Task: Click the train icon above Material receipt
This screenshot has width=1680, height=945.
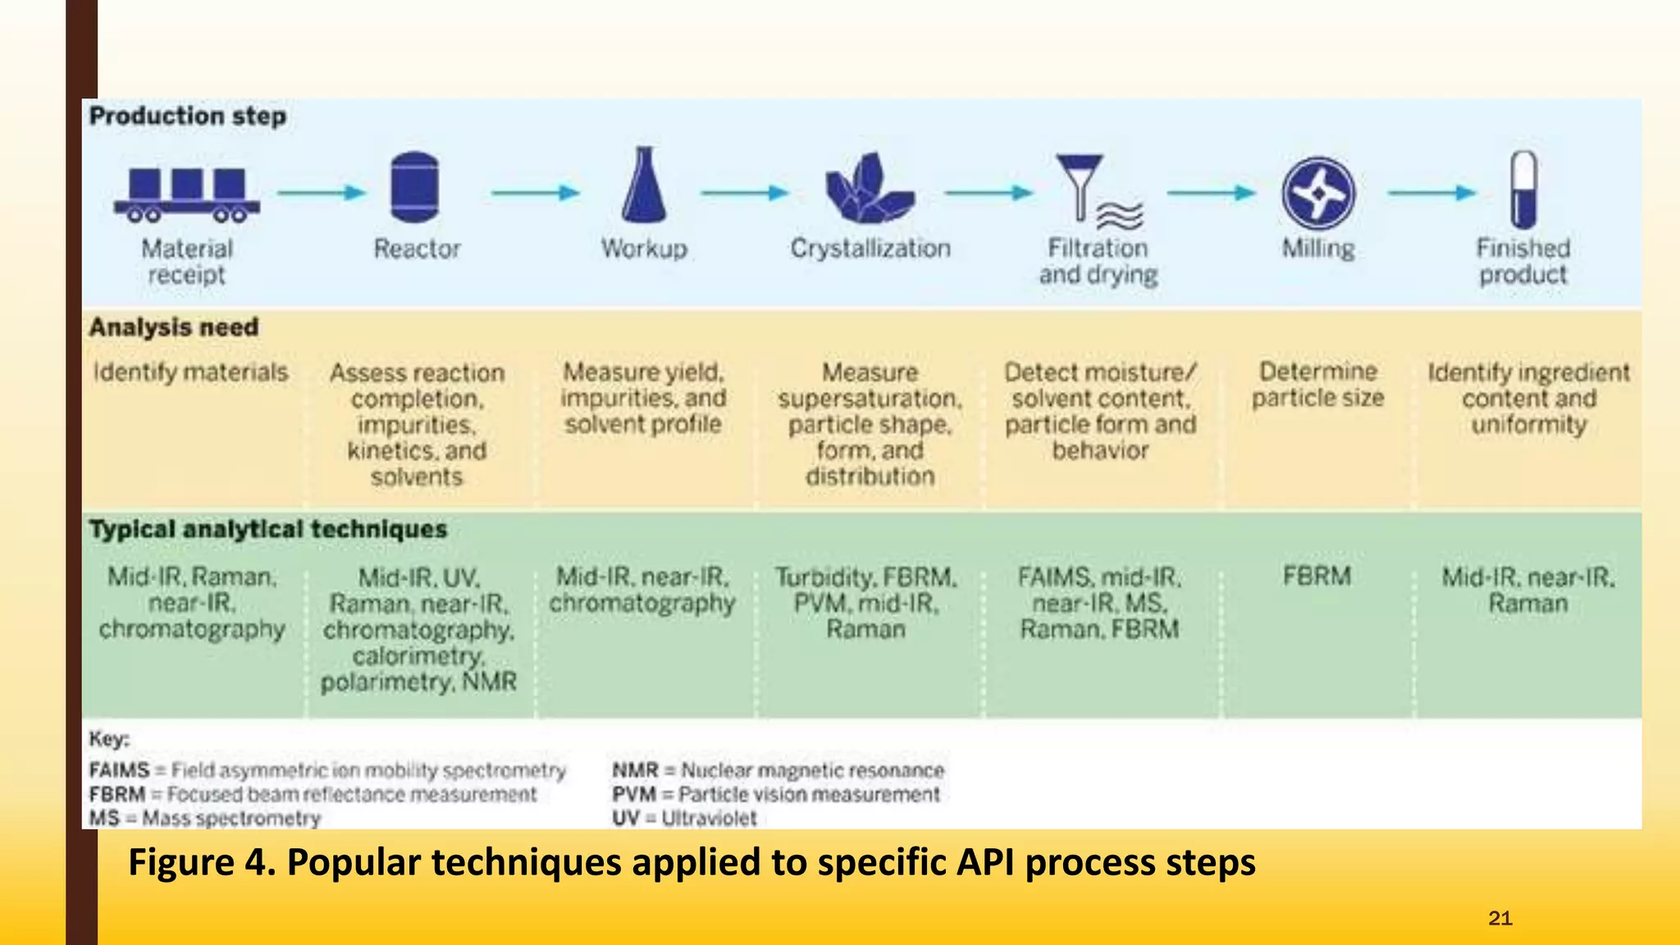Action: click(x=187, y=194)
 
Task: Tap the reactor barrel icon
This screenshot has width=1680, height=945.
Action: click(x=415, y=187)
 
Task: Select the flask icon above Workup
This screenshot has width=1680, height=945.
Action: click(x=644, y=185)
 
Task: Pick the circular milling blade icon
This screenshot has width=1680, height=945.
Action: click(x=1318, y=194)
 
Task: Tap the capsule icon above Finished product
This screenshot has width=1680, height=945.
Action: click(x=1523, y=189)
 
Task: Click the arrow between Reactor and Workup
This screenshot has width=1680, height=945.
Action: click(x=536, y=194)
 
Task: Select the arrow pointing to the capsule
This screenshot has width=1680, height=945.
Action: click(x=1431, y=194)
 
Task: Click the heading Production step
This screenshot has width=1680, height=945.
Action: click(x=188, y=116)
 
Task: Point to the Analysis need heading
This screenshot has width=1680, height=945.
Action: click(x=174, y=327)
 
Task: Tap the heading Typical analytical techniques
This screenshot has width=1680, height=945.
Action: click(x=268, y=529)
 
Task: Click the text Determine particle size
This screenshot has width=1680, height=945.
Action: click(x=1317, y=385)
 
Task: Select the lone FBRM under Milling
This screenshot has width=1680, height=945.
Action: click(x=1317, y=576)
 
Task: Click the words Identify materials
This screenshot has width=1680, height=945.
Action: click(x=190, y=372)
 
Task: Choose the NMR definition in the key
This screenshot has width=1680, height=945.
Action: click(x=778, y=770)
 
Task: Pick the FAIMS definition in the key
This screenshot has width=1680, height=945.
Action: click(x=327, y=770)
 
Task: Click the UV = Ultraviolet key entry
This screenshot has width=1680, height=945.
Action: click(x=684, y=818)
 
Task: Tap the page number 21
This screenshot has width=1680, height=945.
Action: click(x=1500, y=918)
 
